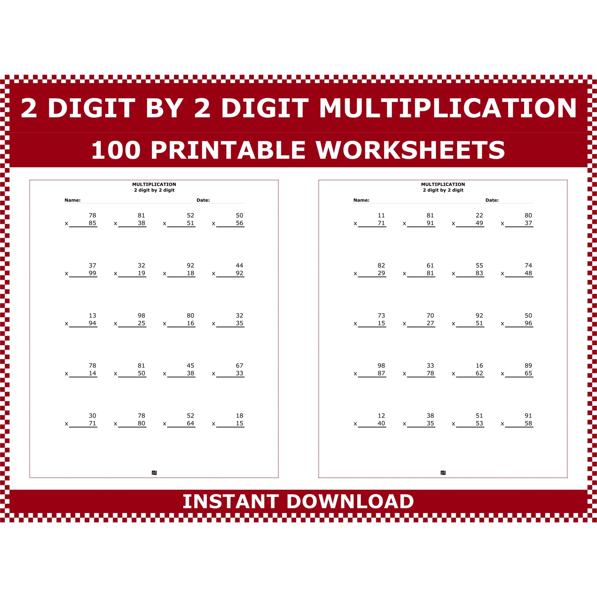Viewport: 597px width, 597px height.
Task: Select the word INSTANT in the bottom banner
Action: (x=230, y=502)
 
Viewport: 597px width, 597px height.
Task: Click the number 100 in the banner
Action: (x=116, y=150)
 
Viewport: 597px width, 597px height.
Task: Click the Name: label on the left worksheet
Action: (x=72, y=200)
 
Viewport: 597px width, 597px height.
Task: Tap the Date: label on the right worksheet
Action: (x=492, y=200)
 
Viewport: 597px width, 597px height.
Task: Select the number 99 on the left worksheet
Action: (x=92, y=273)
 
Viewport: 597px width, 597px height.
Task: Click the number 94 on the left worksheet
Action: (x=92, y=323)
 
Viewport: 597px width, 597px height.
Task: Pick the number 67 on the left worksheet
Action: (x=239, y=366)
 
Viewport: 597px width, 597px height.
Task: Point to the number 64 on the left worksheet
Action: (x=190, y=423)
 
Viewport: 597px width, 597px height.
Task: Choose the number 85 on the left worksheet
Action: (x=92, y=223)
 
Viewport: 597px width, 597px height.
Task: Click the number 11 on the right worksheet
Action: (x=381, y=215)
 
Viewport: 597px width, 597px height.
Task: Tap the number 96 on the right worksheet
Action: (x=528, y=323)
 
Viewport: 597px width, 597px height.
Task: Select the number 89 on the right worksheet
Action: (x=528, y=366)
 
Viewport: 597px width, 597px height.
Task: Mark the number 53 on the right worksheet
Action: (x=479, y=423)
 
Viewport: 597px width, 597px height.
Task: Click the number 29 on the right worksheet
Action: (x=381, y=273)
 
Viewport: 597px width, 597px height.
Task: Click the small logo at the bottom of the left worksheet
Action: (x=154, y=473)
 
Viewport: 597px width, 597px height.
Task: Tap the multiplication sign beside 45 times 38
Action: (x=164, y=374)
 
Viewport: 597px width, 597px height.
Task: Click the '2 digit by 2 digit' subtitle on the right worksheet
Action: (x=443, y=190)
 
